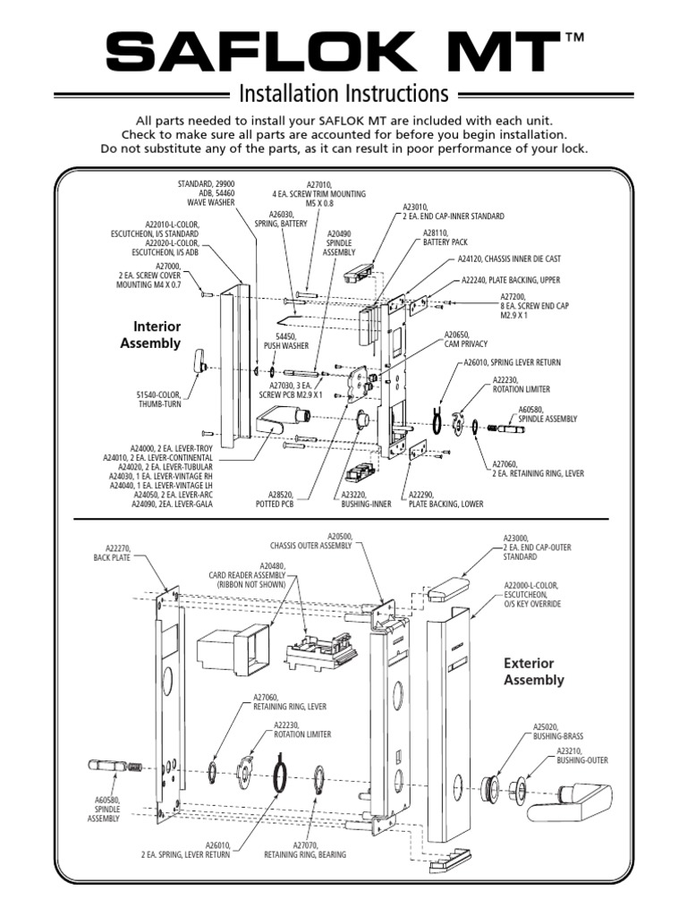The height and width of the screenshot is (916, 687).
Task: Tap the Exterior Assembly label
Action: click(x=533, y=672)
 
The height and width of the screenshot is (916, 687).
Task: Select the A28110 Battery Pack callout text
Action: click(x=443, y=238)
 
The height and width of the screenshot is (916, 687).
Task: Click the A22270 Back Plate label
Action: click(x=112, y=552)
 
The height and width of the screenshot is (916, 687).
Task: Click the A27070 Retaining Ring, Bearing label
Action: click(x=304, y=849)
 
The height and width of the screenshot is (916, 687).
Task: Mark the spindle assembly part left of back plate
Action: click(x=114, y=767)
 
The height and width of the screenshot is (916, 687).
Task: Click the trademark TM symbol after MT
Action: click(x=575, y=38)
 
